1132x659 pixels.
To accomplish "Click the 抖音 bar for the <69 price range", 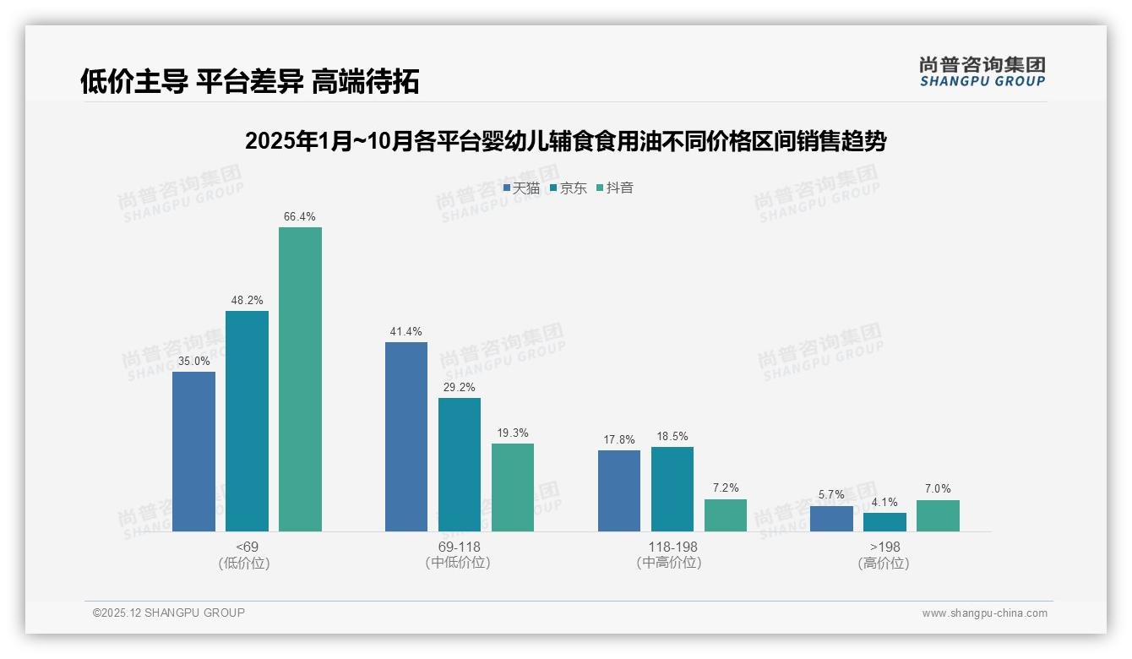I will click(300, 379).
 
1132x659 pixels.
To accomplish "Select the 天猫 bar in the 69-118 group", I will click(406, 437).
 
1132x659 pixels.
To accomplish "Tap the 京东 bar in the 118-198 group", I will click(672, 489).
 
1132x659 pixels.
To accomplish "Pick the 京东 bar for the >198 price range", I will click(884, 522).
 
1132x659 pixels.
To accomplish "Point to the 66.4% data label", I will click(300, 217).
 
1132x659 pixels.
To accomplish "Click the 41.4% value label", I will click(406, 332).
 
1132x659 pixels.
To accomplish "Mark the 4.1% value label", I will click(884, 503).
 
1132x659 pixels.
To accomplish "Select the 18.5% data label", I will click(672, 437).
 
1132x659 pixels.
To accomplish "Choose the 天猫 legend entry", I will click(521, 188).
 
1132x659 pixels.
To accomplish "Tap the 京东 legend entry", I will click(569, 188).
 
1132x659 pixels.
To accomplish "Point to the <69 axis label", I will click(248, 547).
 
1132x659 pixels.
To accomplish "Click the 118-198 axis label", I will click(672, 547).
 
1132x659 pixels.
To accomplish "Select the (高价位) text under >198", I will click(884, 563).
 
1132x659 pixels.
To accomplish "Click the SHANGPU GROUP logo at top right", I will click(982, 72).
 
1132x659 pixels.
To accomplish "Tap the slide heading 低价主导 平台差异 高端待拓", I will click(250, 81).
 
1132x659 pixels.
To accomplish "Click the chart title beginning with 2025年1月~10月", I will click(565, 141).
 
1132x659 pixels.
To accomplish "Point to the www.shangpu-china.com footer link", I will click(984, 613).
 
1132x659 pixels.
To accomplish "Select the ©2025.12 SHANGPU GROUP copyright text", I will click(169, 613).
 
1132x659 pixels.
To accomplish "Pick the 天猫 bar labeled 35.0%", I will click(193, 451).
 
